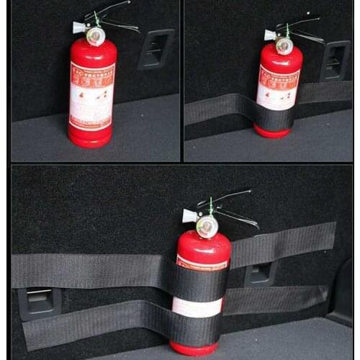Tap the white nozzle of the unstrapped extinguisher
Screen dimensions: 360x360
(x=78, y=28)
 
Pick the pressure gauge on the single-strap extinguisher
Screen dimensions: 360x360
(x=284, y=45)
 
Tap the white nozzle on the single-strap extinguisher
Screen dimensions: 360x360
(x=269, y=35)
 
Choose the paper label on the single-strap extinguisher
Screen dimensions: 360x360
(x=277, y=85)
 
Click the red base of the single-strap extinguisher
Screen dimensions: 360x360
(x=272, y=132)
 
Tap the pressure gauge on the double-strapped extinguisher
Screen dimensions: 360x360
(x=207, y=227)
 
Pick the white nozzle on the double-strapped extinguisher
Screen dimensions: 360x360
(x=189, y=215)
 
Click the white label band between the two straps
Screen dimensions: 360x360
(x=197, y=307)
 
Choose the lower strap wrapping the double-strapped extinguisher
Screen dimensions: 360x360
(x=195, y=330)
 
